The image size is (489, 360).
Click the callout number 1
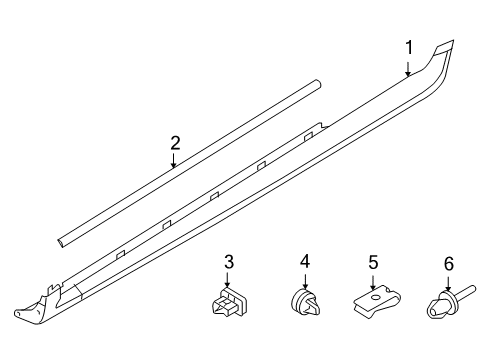[x=409, y=47]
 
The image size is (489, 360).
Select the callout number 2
[x=175, y=143]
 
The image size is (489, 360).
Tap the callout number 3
[x=229, y=262]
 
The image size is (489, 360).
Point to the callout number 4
[x=305, y=261]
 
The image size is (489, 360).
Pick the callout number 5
[x=373, y=262]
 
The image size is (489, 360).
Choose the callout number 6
[x=449, y=264]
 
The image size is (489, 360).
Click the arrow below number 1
[x=408, y=69]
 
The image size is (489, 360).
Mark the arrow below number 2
[x=173, y=160]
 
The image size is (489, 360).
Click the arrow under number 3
[x=227, y=279]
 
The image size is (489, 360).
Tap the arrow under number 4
[x=305, y=280]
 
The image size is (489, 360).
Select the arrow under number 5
[x=373, y=281]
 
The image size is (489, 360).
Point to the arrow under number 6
[x=448, y=283]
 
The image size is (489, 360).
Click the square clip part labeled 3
[x=229, y=302]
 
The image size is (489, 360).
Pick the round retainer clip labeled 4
[x=305, y=302]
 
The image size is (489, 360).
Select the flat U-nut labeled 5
[x=377, y=301]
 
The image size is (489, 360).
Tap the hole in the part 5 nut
[x=376, y=297]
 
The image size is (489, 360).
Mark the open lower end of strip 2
[x=61, y=243]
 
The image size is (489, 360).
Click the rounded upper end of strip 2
[x=318, y=84]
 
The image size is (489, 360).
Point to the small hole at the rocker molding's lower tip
[x=20, y=312]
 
